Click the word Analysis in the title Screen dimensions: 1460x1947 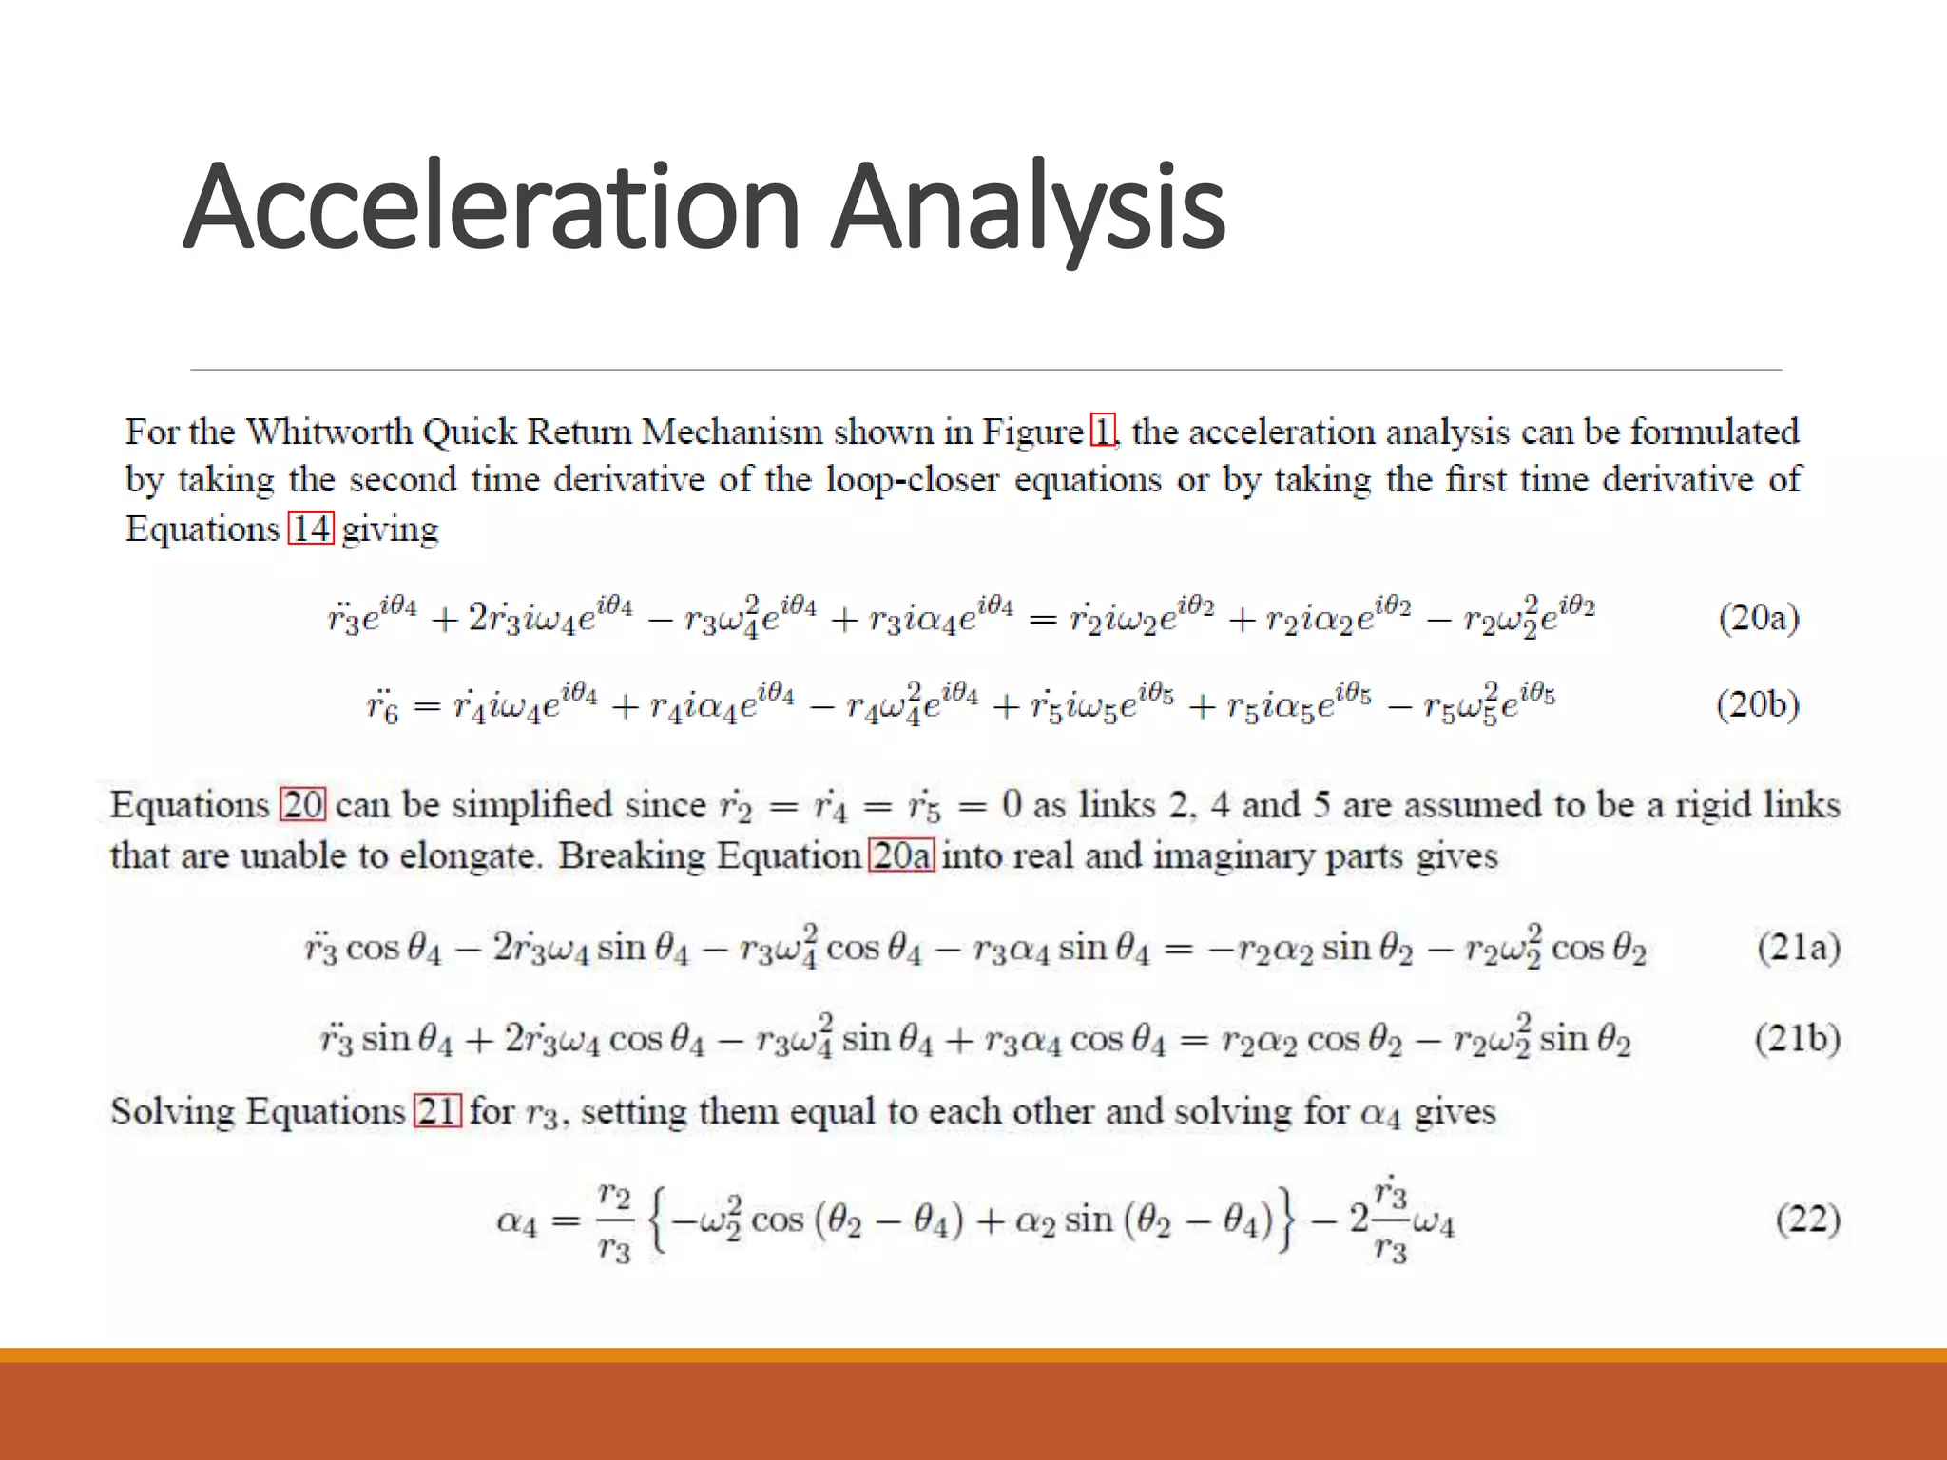pos(1028,207)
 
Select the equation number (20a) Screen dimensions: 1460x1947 pos(1759,618)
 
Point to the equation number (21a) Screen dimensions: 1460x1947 pos(1798,948)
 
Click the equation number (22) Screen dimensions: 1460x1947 pos(1807,1219)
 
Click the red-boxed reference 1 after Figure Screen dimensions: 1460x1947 pos(1102,432)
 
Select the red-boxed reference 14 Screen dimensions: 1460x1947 pos(311,528)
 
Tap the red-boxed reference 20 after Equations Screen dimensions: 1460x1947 pos(303,805)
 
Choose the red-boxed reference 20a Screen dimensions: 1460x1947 pos(902,855)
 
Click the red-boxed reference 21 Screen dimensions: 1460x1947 pos(437,1111)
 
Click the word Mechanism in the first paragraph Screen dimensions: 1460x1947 pos(732,432)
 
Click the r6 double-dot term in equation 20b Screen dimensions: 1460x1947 pos(382,707)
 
